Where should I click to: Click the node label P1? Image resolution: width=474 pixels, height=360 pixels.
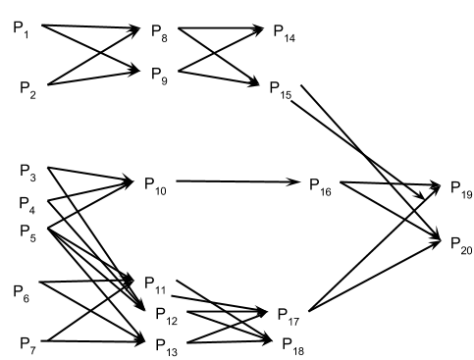pyautogui.click(x=21, y=30)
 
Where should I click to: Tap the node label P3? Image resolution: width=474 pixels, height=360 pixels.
pyautogui.click(x=28, y=173)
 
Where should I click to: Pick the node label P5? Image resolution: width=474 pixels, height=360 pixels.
pyautogui.click(x=28, y=232)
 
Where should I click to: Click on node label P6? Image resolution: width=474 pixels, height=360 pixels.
pyautogui.click(x=22, y=289)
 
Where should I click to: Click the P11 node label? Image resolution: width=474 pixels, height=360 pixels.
pyautogui.click(x=156, y=283)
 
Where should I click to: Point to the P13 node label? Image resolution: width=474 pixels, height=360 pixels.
pyautogui.click(x=166, y=343)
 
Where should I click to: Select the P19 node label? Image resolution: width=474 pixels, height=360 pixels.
pyautogui.click(x=460, y=187)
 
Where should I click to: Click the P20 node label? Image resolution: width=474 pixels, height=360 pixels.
pyautogui.click(x=460, y=242)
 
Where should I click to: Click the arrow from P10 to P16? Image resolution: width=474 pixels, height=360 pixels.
pyautogui.click(x=236, y=181)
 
